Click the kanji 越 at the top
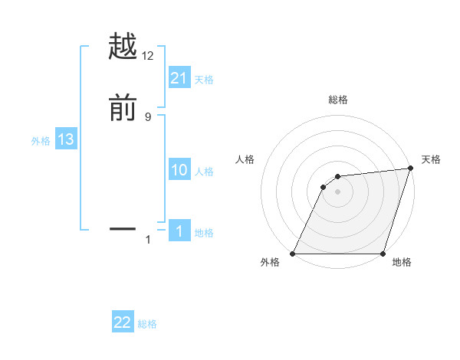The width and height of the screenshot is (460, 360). point(123,47)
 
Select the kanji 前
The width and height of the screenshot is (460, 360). point(123,108)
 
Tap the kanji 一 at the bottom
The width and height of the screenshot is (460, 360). point(123,228)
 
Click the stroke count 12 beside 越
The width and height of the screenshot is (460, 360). point(149,56)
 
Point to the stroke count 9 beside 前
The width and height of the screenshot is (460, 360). point(148,117)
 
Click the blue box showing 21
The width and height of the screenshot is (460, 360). point(179,78)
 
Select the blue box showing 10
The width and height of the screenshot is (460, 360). point(179,170)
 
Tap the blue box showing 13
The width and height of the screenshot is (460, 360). point(66,139)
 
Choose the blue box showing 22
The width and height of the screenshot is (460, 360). point(123,322)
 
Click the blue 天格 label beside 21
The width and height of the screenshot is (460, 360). point(204,80)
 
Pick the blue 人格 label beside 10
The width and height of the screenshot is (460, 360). point(204,172)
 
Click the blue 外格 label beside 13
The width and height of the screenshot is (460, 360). point(41,141)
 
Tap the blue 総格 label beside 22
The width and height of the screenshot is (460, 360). point(147,324)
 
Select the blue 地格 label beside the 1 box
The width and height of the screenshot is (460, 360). point(204,233)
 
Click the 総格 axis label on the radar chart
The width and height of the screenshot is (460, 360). point(337,100)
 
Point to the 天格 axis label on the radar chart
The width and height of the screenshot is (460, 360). point(431,159)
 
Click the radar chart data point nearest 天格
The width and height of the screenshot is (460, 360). point(410,169)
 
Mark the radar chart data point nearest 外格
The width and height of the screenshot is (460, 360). point(293,254)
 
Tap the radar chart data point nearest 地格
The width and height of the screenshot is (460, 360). point(383,254)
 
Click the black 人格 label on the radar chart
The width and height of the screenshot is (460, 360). point(245,159)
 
